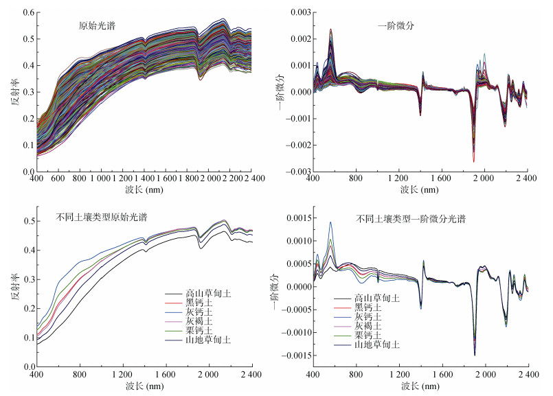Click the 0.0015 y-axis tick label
[293, 218]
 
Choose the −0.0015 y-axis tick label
[291, 355]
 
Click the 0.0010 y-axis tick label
[293, 241]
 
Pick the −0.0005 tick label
[291, 310]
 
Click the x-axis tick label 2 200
[230, 179]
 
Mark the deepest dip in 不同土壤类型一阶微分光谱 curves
[474, 355]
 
